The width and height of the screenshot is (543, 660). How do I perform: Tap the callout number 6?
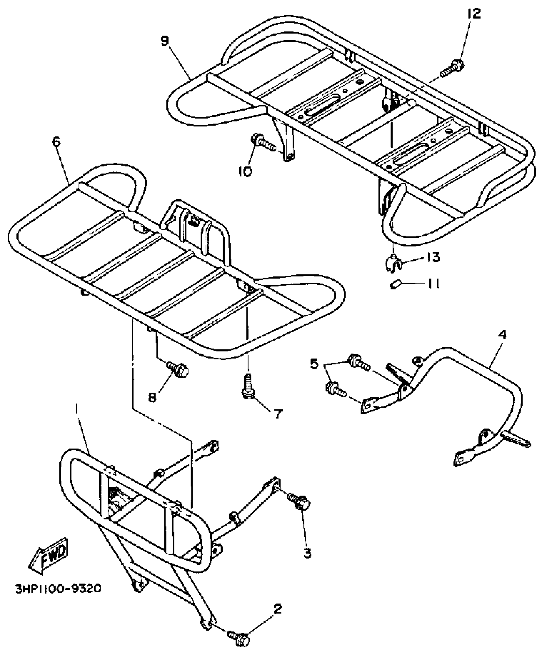tap(56, 142)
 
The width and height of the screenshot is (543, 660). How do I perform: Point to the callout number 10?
tap(245, 172)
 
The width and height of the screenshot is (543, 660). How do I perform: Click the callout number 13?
tap(433, 257)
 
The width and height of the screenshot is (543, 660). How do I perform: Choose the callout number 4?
tap(502, 335)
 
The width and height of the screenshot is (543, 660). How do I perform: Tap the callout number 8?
tap(152, 397)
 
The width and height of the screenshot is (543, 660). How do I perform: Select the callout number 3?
tap(307, 553)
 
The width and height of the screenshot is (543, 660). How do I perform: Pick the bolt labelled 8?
tap(179, 369)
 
